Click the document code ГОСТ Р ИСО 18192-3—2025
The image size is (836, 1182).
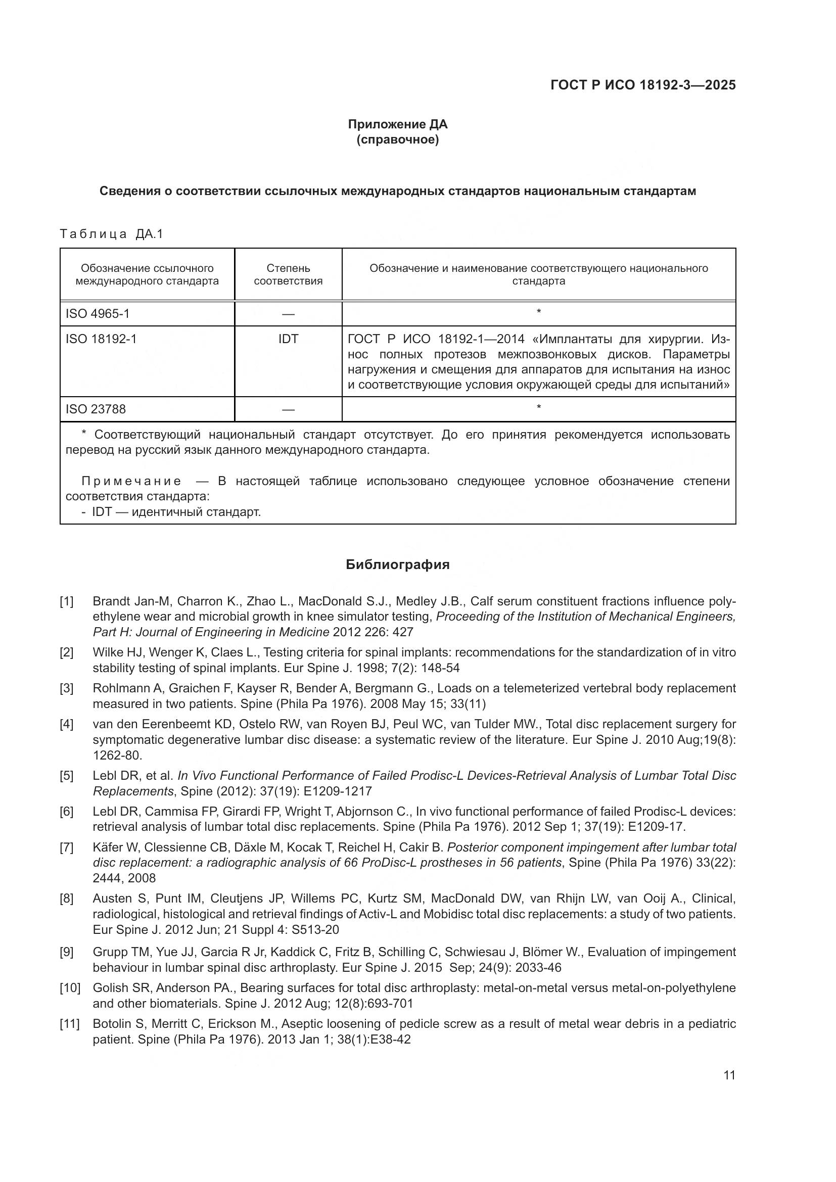click(x=643, y=85)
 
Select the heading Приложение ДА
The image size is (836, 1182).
click(x=397, y=124)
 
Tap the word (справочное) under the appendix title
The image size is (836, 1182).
click(x=397, y=140)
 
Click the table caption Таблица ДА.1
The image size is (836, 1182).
click(x=111, y=234)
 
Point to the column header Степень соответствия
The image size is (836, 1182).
click(x=288, y=274)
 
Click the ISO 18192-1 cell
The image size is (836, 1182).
click(x=101, y=339)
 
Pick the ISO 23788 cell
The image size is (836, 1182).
click(x=95, y=409)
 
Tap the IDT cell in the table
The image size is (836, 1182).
click(x=288, y=339)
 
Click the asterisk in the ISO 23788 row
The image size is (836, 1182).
click(x=538, y=408)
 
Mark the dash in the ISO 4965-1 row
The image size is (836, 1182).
click(x=288, y=314)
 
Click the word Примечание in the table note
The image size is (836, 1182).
click(x=131, y=482)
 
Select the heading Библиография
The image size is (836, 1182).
click(x=397, y=565)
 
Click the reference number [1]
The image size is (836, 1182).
click(x=66, y=601)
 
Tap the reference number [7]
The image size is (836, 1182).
click(x=66, y=847)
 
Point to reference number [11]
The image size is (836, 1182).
click(x=69, y=1024)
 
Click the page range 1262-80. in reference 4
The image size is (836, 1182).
click(x=117, y=755)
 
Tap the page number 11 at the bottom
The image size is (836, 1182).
click(x=729, y=1075)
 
